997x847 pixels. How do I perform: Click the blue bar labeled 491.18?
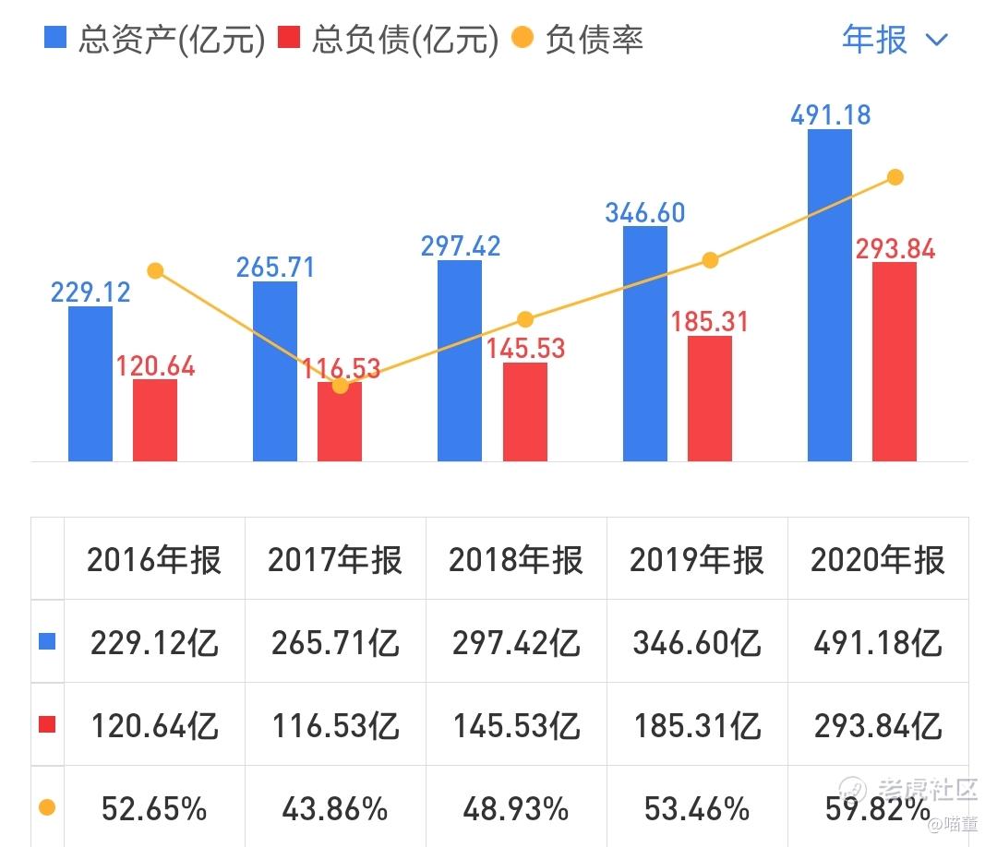click(x=829, y=295)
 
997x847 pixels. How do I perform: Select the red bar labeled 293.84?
click(x=894, y=362)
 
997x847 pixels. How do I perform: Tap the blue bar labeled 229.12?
click(x=90, y=384)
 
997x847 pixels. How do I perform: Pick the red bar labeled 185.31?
click(x=709, y=399)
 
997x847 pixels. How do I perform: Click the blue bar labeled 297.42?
click(x=460, y=361)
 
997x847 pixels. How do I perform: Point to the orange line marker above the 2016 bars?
click(x=155, y=270)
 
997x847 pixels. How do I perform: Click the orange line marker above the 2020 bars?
click(x=894, y=177)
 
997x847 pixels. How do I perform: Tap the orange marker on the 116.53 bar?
click(x=340, y=385)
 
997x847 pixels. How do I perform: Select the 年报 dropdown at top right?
click(x=894, y=40)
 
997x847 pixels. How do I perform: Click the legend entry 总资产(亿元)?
click(x=155, y=40)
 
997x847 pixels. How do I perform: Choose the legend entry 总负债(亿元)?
click(x=388, y=40)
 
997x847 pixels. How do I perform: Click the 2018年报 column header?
click(x=516, y=560)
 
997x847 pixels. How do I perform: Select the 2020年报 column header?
click(x=878, y=560)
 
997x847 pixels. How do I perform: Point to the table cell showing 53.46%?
click(x=697, y=809)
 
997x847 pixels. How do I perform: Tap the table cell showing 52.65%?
click(x=154, y=809)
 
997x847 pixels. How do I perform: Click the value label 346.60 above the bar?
click(x=644, y=212)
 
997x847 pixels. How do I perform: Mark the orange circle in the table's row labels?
click(x=47, y=808)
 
